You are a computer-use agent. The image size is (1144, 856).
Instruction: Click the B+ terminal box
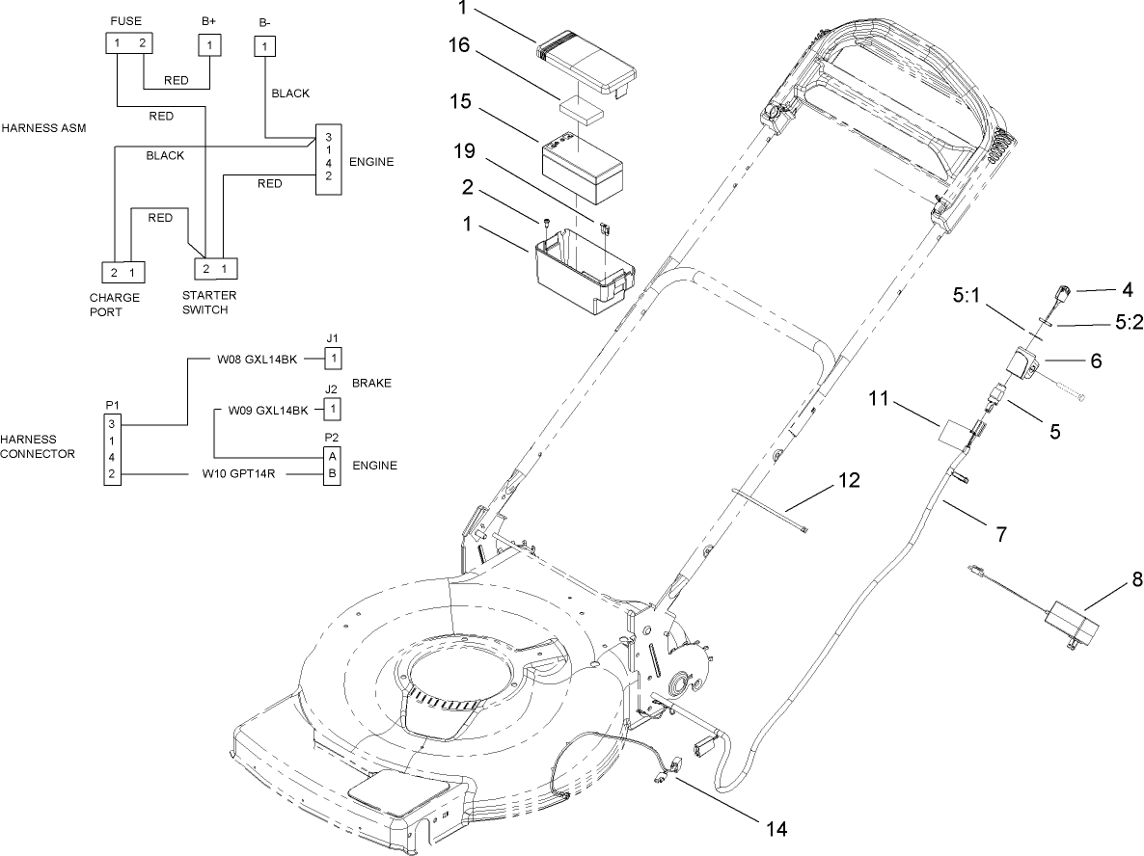pos(210,44)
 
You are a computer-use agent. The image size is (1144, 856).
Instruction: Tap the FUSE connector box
pos(129,43)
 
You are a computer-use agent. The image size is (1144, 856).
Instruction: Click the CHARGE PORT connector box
pos(124,271)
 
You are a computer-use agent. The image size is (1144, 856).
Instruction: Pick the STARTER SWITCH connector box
pos(215,268)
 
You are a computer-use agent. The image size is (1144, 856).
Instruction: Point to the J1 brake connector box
pos(333,359)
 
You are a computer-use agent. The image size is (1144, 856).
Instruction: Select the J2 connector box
pos(333,409)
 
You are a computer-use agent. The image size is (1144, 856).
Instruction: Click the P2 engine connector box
pos(332,465)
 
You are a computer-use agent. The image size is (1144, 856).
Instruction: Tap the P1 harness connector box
pos(113,448)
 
